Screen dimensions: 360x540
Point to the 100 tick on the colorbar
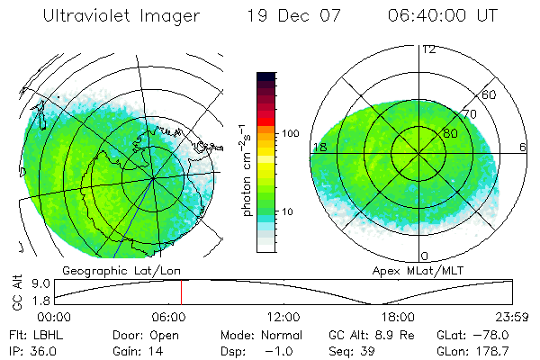(292, 133)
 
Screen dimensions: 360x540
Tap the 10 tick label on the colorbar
(289, 212)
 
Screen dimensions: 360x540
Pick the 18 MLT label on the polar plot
(319, 147)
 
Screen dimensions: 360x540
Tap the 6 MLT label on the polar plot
(522, 147)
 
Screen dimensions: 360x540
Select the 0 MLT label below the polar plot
(425, 256)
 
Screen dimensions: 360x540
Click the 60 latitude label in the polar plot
(490, 94)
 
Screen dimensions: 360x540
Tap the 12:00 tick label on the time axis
(284, 317)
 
